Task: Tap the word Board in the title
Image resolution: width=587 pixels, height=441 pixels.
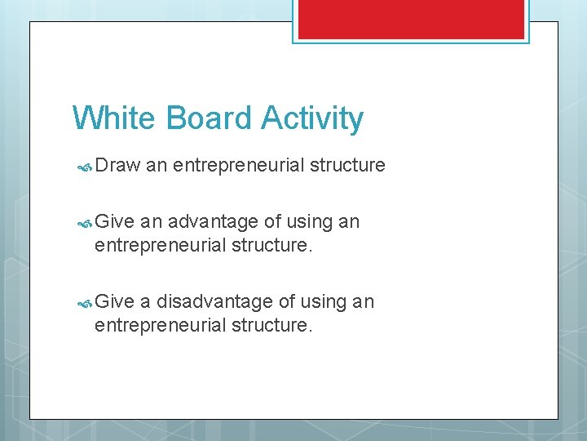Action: (208, 118)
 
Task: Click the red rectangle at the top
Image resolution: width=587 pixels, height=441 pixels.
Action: (411, 19)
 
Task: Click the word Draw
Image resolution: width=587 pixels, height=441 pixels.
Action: (118, 165)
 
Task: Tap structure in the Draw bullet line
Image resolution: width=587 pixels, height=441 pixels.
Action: (346, 165)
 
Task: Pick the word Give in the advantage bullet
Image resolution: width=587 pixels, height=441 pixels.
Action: (114, 221)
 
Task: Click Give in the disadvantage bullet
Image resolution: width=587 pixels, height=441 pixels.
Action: (114, 301)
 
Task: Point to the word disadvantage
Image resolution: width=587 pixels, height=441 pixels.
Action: (214, 301)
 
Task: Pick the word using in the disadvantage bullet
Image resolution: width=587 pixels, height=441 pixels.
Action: (323, 302)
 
